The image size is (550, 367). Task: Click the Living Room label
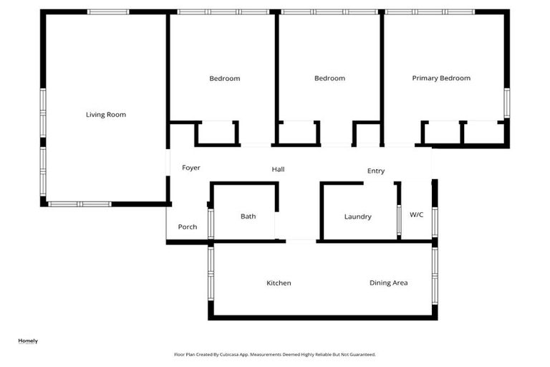point(106,115)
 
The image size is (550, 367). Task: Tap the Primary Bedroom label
point(441,78)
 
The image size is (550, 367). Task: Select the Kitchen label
point(279,283)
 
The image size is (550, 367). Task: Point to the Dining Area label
point(389,283)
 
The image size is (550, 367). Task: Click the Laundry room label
point(357,216)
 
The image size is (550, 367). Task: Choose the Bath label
point(248,216)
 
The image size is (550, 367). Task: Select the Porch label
point(188,227)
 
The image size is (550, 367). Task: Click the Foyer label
point(190,168)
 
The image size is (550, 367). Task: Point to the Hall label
point(278,170)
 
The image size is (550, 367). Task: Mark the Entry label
point(376,171)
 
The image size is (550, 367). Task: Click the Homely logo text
point(28,341)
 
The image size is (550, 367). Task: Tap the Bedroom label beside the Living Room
point(225,79)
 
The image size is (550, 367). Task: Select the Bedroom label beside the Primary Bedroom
point(329,79)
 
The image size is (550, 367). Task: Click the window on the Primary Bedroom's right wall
point(506,103)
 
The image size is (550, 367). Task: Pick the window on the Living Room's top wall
point(108,12)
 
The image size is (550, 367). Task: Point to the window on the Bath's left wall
point(210,223)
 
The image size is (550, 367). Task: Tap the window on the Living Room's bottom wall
point(79,204)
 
